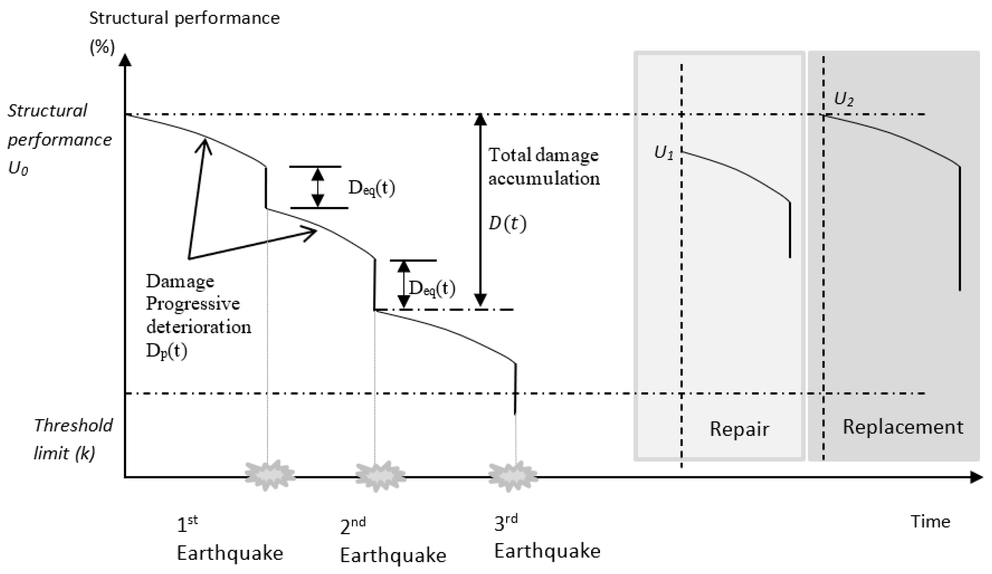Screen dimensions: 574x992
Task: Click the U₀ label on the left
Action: (18, 169)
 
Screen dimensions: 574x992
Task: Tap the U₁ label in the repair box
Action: (664, 153)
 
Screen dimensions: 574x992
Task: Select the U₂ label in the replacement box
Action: (844, 99)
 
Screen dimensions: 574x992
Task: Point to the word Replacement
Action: (903, 427)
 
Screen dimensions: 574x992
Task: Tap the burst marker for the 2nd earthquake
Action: (380, 476)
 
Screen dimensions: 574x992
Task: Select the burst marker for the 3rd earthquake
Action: (513, 476)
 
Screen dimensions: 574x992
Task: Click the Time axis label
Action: (930, 522)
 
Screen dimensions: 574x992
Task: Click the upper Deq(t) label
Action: (371, 188)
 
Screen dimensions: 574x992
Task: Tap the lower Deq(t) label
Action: (432, 288)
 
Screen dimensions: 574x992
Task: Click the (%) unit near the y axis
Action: (102, 47)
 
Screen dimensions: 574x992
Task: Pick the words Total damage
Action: (543, 155)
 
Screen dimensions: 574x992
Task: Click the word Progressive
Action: (193, 304)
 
